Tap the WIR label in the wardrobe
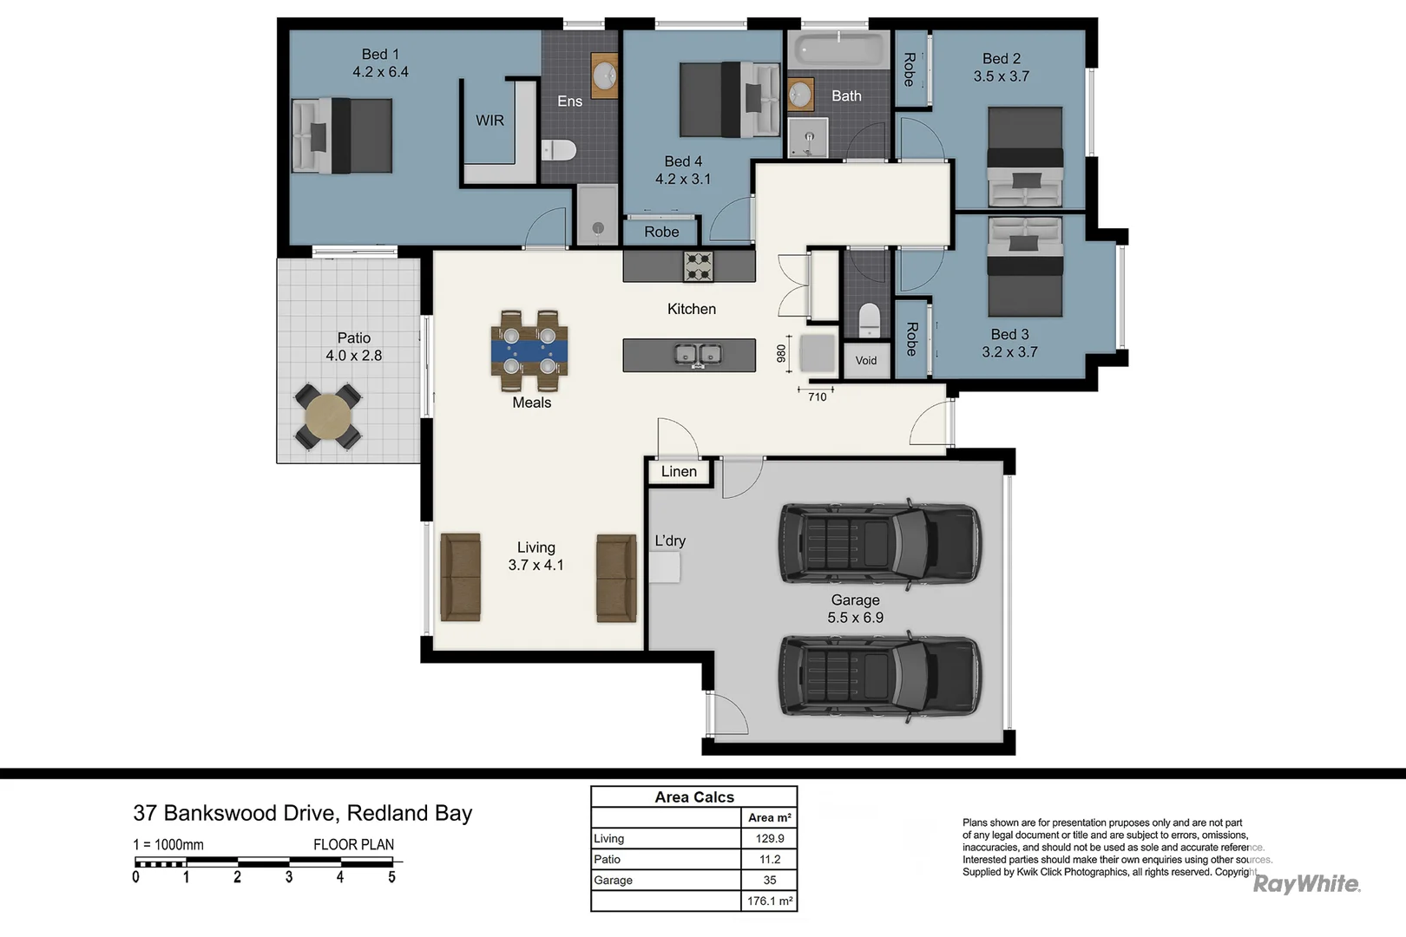tap(489, 121)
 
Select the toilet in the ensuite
tap(560, 150)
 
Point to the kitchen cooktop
tap(698, 266)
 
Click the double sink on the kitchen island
tap(698, 354)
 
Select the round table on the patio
tap(328, 417)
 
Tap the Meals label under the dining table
tap(531, 403)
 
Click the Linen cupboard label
tap(679, 472)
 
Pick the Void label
tap(866, 361)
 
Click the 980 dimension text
tap(781, 353)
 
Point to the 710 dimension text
tap(817, 397)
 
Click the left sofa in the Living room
tap(460, 577)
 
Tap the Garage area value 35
tap(769, 880)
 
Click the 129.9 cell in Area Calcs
tap(769, 839)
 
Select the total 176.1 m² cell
tap(769, 901)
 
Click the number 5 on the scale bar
tap(391, 877)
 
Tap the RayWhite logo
tap(1306, 884)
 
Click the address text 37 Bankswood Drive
tap(234, 813)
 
